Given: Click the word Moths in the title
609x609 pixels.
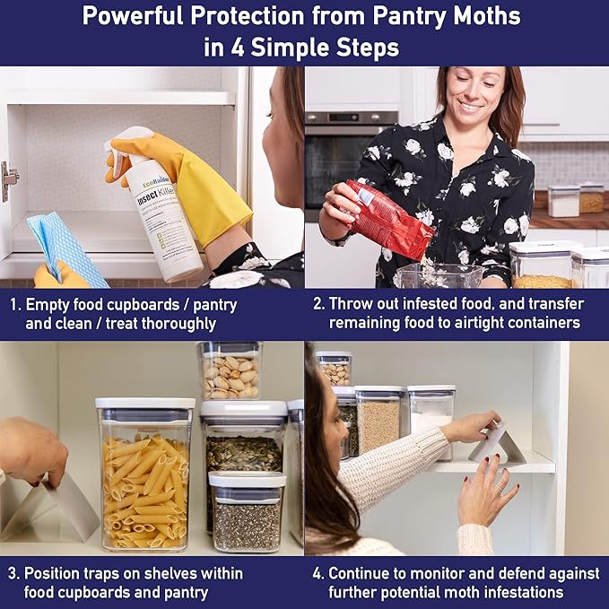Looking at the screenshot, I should coord(479,16).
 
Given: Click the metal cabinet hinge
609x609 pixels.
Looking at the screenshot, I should coord(9,179).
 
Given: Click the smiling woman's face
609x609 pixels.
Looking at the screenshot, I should coord(472,99).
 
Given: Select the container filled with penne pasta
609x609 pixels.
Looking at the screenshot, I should coord(144,475).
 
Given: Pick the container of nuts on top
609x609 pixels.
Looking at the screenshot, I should coord(230,369).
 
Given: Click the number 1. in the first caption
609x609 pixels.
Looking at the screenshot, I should coord(16,304).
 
